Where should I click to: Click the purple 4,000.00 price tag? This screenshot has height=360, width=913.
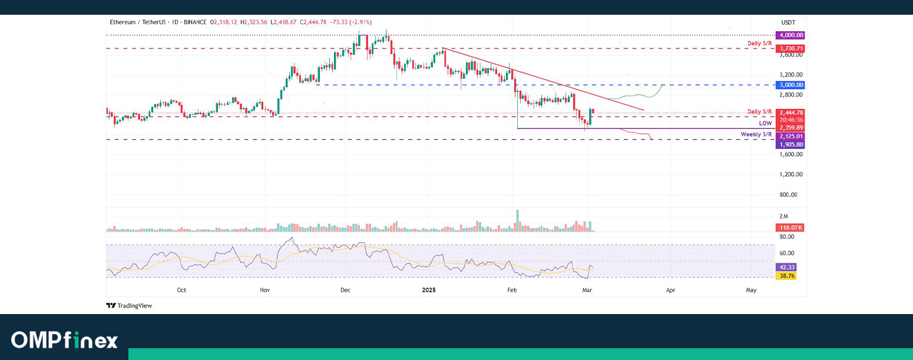[x=790, y=35]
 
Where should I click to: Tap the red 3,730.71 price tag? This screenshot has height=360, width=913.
[x=790, y=48]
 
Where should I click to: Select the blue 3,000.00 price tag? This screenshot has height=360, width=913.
[x=790, y=85]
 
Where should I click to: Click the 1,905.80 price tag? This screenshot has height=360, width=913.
[x=790, y=144]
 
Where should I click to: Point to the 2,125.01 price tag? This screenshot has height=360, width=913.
[x=790, y=136]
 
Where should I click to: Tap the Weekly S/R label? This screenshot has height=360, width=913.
[x=756, y=135]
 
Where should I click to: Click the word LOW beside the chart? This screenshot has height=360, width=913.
[x=765, y=123]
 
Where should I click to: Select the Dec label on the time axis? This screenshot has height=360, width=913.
[x=346, y=290]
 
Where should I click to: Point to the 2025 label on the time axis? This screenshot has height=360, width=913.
[x=429, y=290]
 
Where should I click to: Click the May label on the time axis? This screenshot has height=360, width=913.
[x=751, y=290]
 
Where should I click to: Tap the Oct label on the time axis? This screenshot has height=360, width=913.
[x=181, y=290]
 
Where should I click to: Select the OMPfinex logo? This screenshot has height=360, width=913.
[x=64, y=340]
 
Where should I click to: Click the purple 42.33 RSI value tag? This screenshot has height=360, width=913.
[x=788, y=266]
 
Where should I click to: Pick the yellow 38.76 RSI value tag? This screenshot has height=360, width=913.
[x=788, y=275]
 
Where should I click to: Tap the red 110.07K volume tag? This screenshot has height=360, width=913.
[x=790, y=227]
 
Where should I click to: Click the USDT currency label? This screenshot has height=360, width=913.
[x=788, y=22]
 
